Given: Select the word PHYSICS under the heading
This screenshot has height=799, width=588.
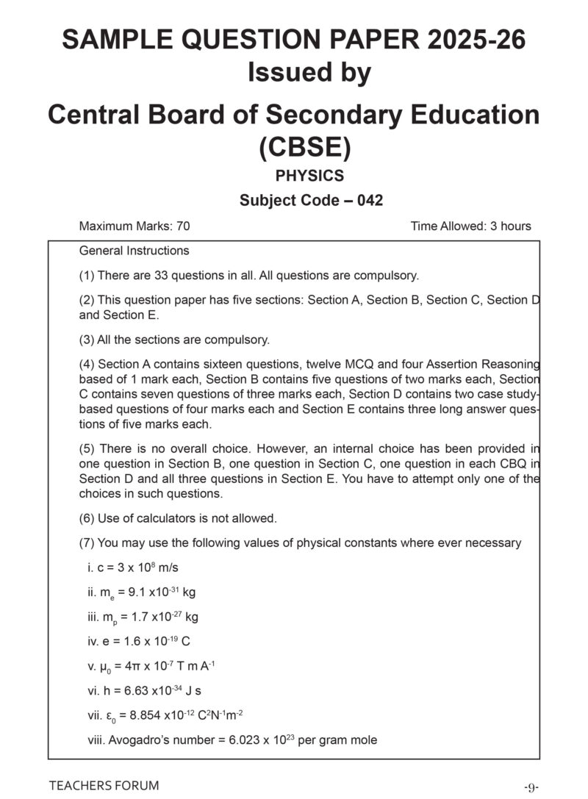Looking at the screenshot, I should tap(309, 176).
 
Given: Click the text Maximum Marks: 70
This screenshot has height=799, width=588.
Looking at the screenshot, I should tap(134, 226).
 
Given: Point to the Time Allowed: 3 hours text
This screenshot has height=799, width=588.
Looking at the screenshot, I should tap(471, 226).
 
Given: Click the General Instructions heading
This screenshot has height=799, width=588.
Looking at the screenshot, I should tap(134, 251).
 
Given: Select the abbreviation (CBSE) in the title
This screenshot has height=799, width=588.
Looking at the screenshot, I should tap(305, 147).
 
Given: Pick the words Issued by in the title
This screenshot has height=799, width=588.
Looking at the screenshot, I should tap(309, 74).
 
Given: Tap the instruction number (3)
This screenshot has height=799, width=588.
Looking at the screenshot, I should tap(87, 340).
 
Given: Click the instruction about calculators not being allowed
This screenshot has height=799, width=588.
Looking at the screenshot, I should tap(178, 518).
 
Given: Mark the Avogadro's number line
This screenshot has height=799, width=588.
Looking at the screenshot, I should tap(232, 740).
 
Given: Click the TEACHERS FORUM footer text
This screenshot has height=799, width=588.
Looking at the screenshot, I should tap(104, 786).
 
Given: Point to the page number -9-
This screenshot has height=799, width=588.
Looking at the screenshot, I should tap(531, 787).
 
